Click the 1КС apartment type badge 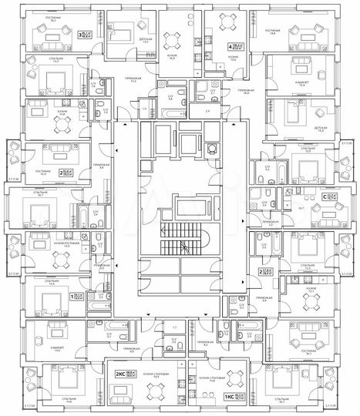coord(229,396)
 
